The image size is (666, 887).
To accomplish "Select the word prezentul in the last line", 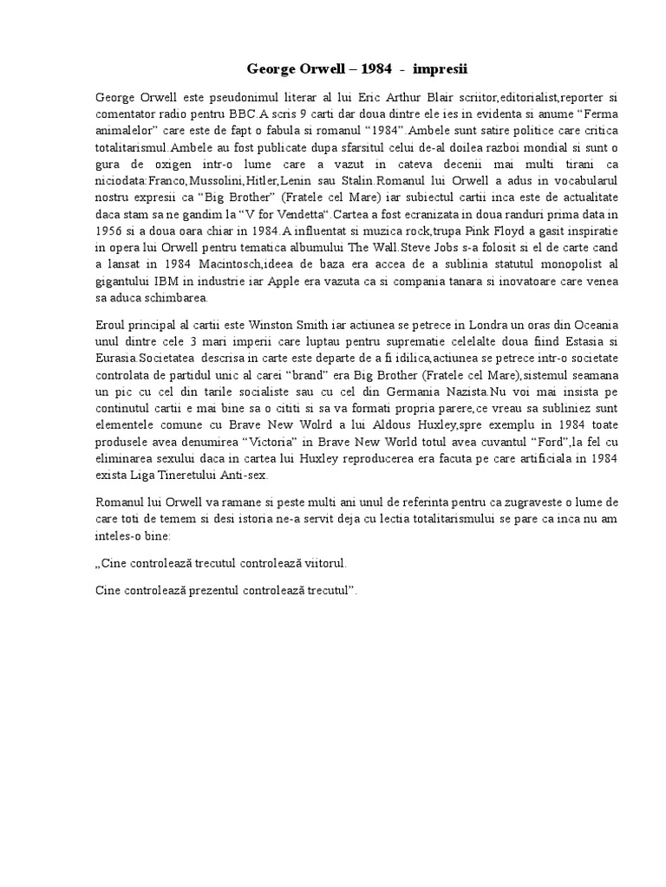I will [x=197, y=591].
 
